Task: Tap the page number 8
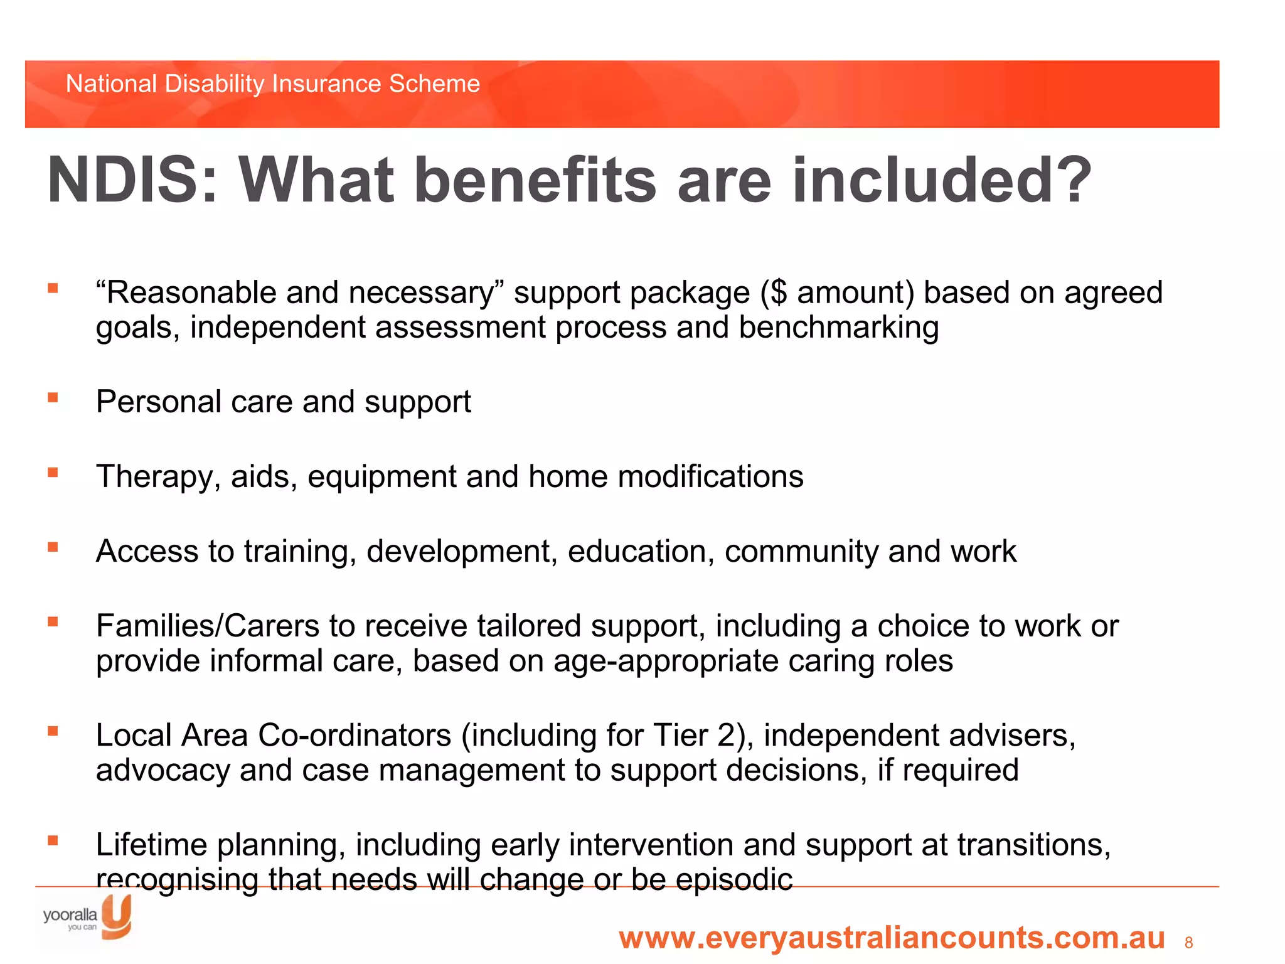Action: point(1188,943)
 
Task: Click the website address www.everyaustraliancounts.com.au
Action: point(892,938)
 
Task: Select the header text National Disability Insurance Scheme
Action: point(273,83)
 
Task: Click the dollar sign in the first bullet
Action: point(778,292)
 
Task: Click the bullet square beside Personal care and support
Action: point(53,397)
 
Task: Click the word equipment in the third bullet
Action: point(381,477)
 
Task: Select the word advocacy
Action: point(163,771)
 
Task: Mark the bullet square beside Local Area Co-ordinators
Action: point(53,731)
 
